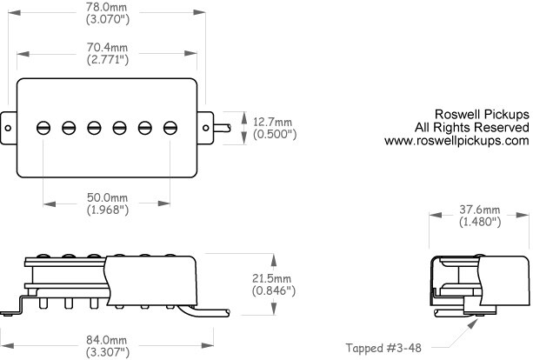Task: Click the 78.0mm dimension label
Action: tap(106, 6)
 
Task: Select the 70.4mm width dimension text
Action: tap(107, 47)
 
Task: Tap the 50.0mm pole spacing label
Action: tap(108, 197)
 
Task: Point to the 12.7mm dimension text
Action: tap(273, 122)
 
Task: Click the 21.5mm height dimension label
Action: tap(271, 278)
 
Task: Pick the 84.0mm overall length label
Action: tap(106, 340)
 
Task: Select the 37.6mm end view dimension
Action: tap(480, 210)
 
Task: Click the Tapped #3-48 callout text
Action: tap(383, 348)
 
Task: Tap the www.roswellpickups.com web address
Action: tap(456, 141)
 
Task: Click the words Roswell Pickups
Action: tap(482, 114)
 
